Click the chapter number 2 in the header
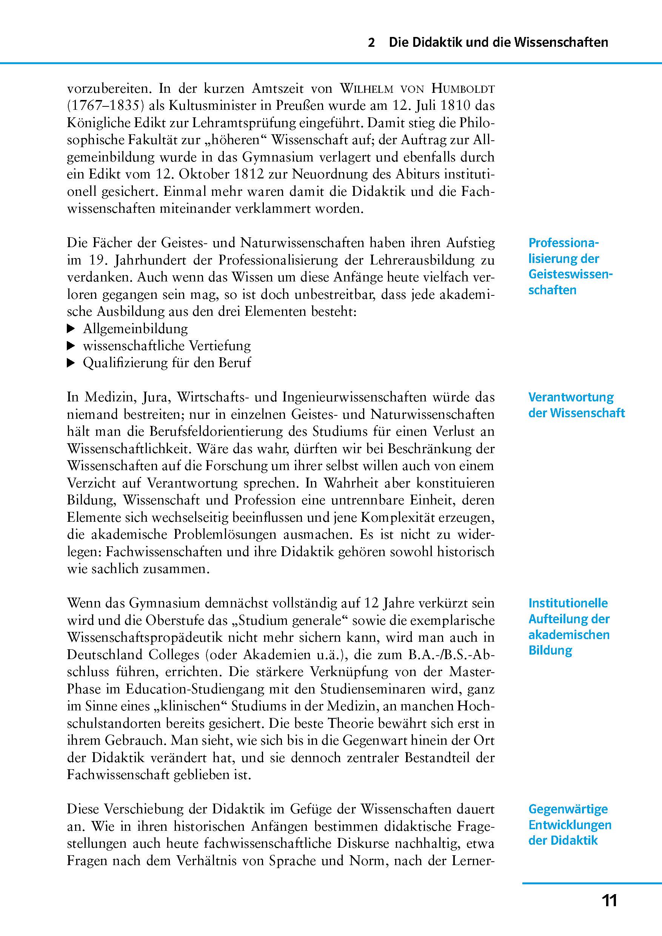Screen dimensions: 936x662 tap(371, 43)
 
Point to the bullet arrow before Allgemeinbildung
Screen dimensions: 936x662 tap(71, 328)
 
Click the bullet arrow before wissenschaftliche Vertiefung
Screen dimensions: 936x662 tap(71, 346)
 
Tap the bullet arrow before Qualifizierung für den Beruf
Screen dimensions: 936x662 tap(71, 363)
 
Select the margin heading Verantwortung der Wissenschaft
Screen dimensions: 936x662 tap(576, 405)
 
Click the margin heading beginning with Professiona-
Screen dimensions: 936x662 tap(570, 266)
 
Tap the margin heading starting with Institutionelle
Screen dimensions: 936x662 tap(569, 626)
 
